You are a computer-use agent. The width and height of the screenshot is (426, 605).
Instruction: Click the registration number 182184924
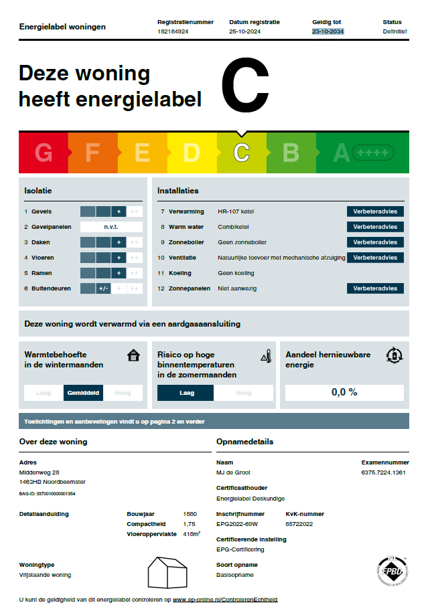click(x=173, y=31)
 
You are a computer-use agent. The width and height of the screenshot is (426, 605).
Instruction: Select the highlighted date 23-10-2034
click(x=328, y=31)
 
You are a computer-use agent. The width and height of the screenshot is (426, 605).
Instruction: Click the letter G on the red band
click(x=44, y=153)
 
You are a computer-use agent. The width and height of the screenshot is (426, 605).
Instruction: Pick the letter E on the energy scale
click(x=142, y=153)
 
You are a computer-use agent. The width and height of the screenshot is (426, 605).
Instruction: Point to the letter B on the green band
click(x=291, y=153)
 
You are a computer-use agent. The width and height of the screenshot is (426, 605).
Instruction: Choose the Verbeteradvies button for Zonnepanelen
click(x=375, y=288)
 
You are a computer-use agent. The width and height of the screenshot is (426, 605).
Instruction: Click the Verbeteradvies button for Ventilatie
click(x=375, y=258)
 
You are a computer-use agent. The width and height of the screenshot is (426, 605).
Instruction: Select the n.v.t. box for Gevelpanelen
click(x=111, y=227)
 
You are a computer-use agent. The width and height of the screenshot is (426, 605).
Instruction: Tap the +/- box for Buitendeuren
click(x=103, y=288)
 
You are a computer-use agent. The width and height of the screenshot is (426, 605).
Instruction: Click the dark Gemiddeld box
click(x=84, y=393)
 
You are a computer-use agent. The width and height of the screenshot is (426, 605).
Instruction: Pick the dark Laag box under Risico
click(x=186, y=393)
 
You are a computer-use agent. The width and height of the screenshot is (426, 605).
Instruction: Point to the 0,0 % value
click(x=344, y=392)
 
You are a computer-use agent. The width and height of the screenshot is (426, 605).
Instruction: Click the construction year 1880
click(x=190, y=514)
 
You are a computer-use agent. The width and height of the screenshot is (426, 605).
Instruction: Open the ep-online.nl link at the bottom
click(x=225, y=600)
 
